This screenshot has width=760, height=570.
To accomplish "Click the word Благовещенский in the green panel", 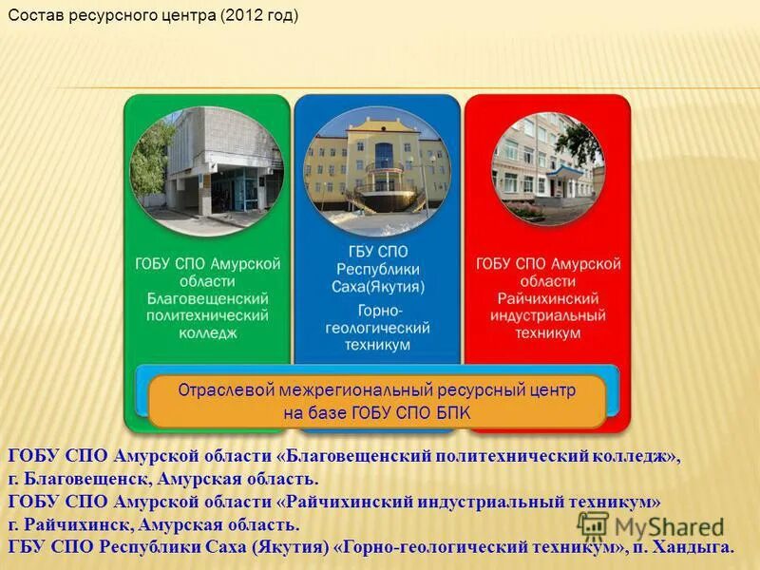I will point(207,298).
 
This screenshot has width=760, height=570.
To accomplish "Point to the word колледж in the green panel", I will point(207,333).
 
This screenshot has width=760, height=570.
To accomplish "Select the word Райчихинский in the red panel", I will point(548,298).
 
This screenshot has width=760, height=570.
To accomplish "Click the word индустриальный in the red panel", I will point(548,315).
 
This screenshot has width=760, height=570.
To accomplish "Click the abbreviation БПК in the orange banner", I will point(450,412).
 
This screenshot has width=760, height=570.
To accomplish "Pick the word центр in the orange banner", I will point(550,389).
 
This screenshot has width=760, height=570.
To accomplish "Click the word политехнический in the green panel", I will point(207,316).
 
